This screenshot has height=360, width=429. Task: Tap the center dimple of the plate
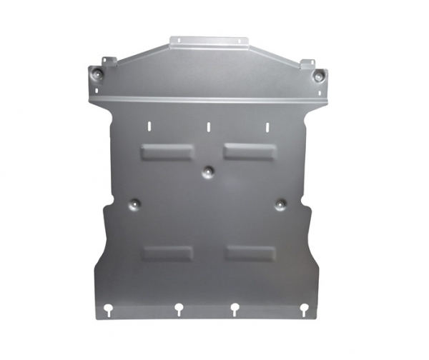click(x=207, y=171)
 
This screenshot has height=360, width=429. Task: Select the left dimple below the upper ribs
click(x=134, y=204)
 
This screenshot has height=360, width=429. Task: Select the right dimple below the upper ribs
click(x=281, y=204)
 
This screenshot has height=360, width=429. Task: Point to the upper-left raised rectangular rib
click(x=167, y=151)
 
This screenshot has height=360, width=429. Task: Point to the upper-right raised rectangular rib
click(x=249, y=151)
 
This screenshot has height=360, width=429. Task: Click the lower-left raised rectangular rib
click(x=167, y=253)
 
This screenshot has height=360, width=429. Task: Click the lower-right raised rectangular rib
click(x=250, y=253)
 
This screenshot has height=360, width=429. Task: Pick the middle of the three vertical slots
click(x=209, y=126)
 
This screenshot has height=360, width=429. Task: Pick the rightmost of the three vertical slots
click(x=267, y=126)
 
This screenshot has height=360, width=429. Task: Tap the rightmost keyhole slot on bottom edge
click(x=304, y=310)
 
